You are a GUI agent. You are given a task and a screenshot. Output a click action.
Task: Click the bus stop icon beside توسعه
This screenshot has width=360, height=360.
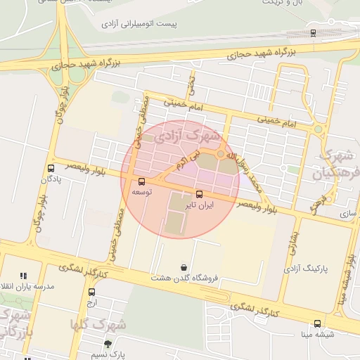click(142, 181)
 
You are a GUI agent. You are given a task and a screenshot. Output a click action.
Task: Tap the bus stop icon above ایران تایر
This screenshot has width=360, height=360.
click(198, 194)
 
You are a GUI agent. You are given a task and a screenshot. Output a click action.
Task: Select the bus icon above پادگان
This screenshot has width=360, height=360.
click(51, 168)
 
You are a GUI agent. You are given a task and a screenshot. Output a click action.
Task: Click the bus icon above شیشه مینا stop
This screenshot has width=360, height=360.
click(317, 324)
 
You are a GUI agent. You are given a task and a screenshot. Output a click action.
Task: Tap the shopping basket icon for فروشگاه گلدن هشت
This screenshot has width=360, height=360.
click(184, 267)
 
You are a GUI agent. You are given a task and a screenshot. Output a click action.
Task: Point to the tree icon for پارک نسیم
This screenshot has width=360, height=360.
click(107, 344)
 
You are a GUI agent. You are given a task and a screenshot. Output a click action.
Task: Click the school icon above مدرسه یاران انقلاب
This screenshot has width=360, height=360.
click(23, 276)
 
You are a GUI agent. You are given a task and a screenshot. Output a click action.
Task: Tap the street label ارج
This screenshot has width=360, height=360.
click(90, 302)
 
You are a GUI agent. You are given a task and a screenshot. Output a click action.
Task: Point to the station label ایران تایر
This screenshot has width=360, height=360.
click(198, 206)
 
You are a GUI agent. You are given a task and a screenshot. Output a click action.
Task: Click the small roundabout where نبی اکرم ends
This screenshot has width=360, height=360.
click(221, 154)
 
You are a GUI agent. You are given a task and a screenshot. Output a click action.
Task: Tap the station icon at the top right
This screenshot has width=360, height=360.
click(312, 32)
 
